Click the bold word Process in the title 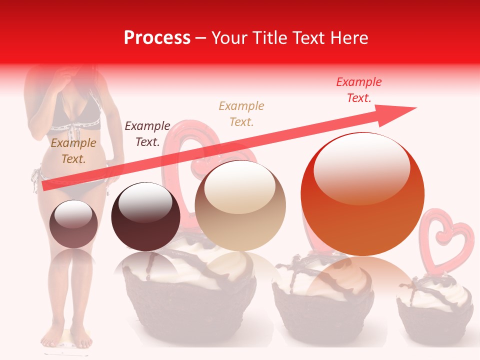point(157,37)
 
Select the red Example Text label point(359,90)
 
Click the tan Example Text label point(241,113)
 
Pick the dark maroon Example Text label point(147,134)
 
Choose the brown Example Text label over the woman point(73,151)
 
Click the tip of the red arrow point(415,108)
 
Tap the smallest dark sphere point(73,224)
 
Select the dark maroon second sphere point(145,216)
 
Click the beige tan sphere point(240,205)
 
